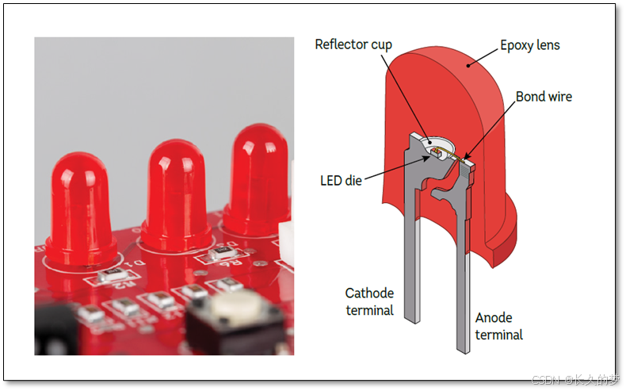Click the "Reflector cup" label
pyautogui.click(x=353, y=44)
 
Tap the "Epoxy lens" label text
pyautogui.click(x=529, y=45)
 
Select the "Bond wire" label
pyautogui.click(x=543, y=97)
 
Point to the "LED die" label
pyautogui.click(x=341, y=181)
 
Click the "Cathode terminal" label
pyautogui.click(x=369, y=301)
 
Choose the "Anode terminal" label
pyautogui.click(x=498, y=327)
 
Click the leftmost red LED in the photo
pyautogui.click(x=79, y=206)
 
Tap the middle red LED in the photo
pyautogui.click(x=176, y=194)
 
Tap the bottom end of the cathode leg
pyautogui.click(x=413, y=317)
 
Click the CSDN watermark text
pyautogui.click(x=574, y=379)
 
